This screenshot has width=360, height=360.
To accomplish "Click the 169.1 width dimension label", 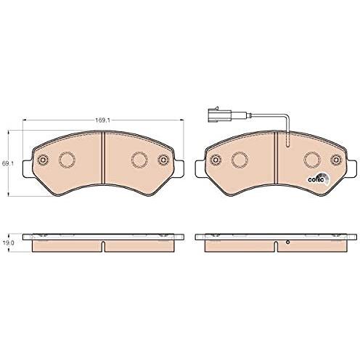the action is (x=103, y=120).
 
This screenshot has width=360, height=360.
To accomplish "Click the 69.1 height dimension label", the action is (x=8, y=163).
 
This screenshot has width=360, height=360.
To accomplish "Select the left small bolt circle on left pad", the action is (x=44, y=160).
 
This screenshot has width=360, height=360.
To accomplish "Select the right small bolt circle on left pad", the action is (x=163, y=160).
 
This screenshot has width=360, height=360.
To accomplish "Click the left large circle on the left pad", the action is (x=67, y=160).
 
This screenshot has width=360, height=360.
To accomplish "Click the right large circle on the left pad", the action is (x=139, y=160).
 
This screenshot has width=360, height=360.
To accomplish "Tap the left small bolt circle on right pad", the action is (x=216, y=160).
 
